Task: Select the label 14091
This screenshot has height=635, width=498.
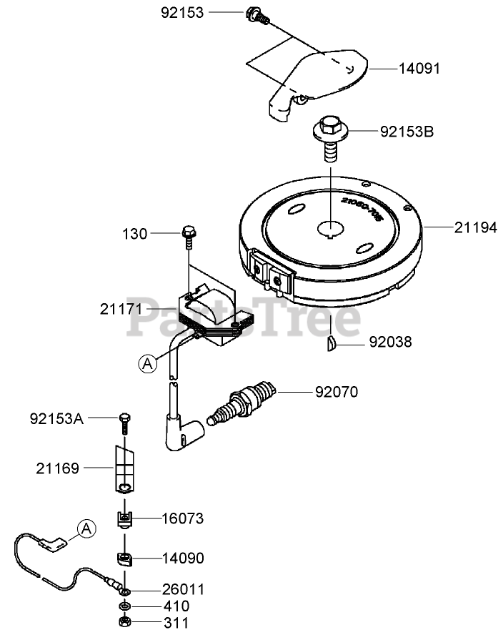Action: pos(420,69)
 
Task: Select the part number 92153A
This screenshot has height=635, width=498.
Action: pos(57,418)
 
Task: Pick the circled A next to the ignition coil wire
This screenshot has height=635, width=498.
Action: pos(148,363)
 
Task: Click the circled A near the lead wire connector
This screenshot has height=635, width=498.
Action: pos(86,528)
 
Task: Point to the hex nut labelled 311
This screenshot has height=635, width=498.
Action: pos(125,621)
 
